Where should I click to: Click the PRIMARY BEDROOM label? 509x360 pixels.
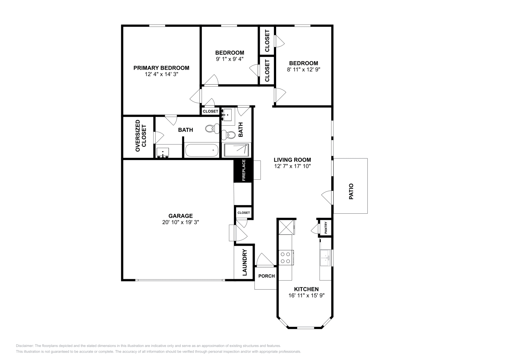pyautogui.click(x=161, y=68)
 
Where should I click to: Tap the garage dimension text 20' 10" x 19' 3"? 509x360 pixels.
pyautogui.click(x=180, y=222)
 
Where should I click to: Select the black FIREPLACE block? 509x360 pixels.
pyautogui.click(x=243, y=170)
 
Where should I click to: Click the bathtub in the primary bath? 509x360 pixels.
pyautogui.click(x=202, y=150)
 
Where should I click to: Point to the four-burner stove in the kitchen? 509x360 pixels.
pyautogui.click(x=285, y=258)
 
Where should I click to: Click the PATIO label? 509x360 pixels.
pyautogui.click(x=351, y=191)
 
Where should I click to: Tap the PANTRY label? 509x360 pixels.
pyautogui.click(x=326, y=228)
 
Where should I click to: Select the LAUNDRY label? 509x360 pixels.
pyautogui.click(x=245, y=262)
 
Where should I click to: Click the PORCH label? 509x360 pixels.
pyautogui.click(x=266, y=276)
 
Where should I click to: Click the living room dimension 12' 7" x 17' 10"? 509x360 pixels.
pyautogui.click(x=292, y=166)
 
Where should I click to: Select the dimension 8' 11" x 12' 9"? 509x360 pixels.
pyautogui.click(x=303, y=69)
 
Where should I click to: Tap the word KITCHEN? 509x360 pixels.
pyautogui.click(x=306, y=289)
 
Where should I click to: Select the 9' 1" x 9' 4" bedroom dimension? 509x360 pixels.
pyautogui.click(x=229, y=59)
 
